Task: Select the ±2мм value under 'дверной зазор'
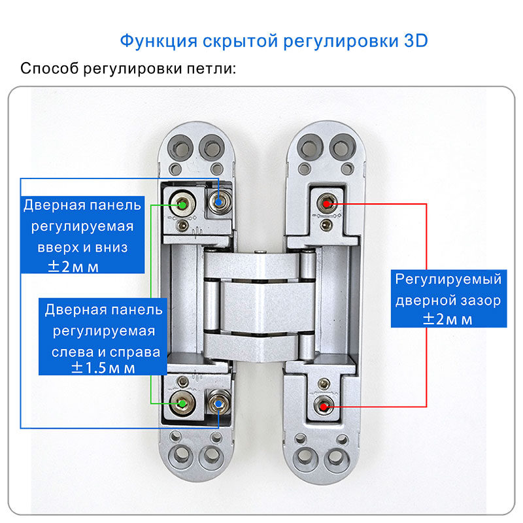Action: pos(447,319)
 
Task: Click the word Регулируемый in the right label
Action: pos(448,280)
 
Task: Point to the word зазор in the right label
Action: pos(480,301)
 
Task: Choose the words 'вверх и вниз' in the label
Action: pos(83,248)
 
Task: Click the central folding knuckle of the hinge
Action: pos(252,304)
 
